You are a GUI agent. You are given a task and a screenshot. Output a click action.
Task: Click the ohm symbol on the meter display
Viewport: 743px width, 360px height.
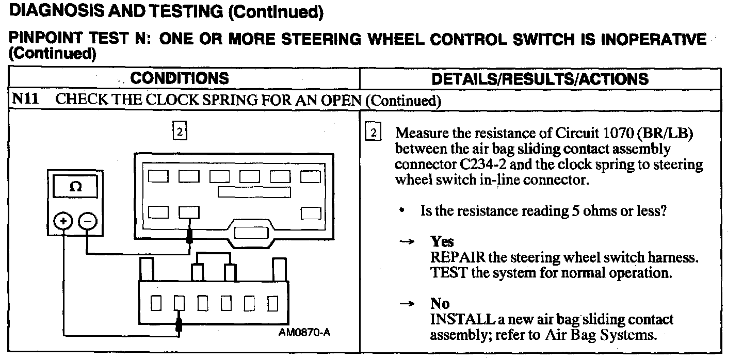(x=75, y=188)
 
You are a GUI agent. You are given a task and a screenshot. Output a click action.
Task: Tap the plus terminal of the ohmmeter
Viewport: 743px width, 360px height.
(x=63, y=221)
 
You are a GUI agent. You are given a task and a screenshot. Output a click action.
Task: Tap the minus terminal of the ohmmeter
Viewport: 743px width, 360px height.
(x=88, y=221)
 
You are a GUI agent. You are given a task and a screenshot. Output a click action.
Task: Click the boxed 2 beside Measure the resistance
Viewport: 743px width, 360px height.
(x=373, y=133)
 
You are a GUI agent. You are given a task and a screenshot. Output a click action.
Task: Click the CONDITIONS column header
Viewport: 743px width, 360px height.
(x=179, y=78)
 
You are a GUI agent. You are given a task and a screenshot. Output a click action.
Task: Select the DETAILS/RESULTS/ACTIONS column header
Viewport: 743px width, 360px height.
(x=540, y=79)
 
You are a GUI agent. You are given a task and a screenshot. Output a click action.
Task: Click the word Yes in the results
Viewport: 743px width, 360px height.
(x=442, y=241)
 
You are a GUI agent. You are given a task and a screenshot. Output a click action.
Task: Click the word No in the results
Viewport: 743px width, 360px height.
(x=440, y=304)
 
